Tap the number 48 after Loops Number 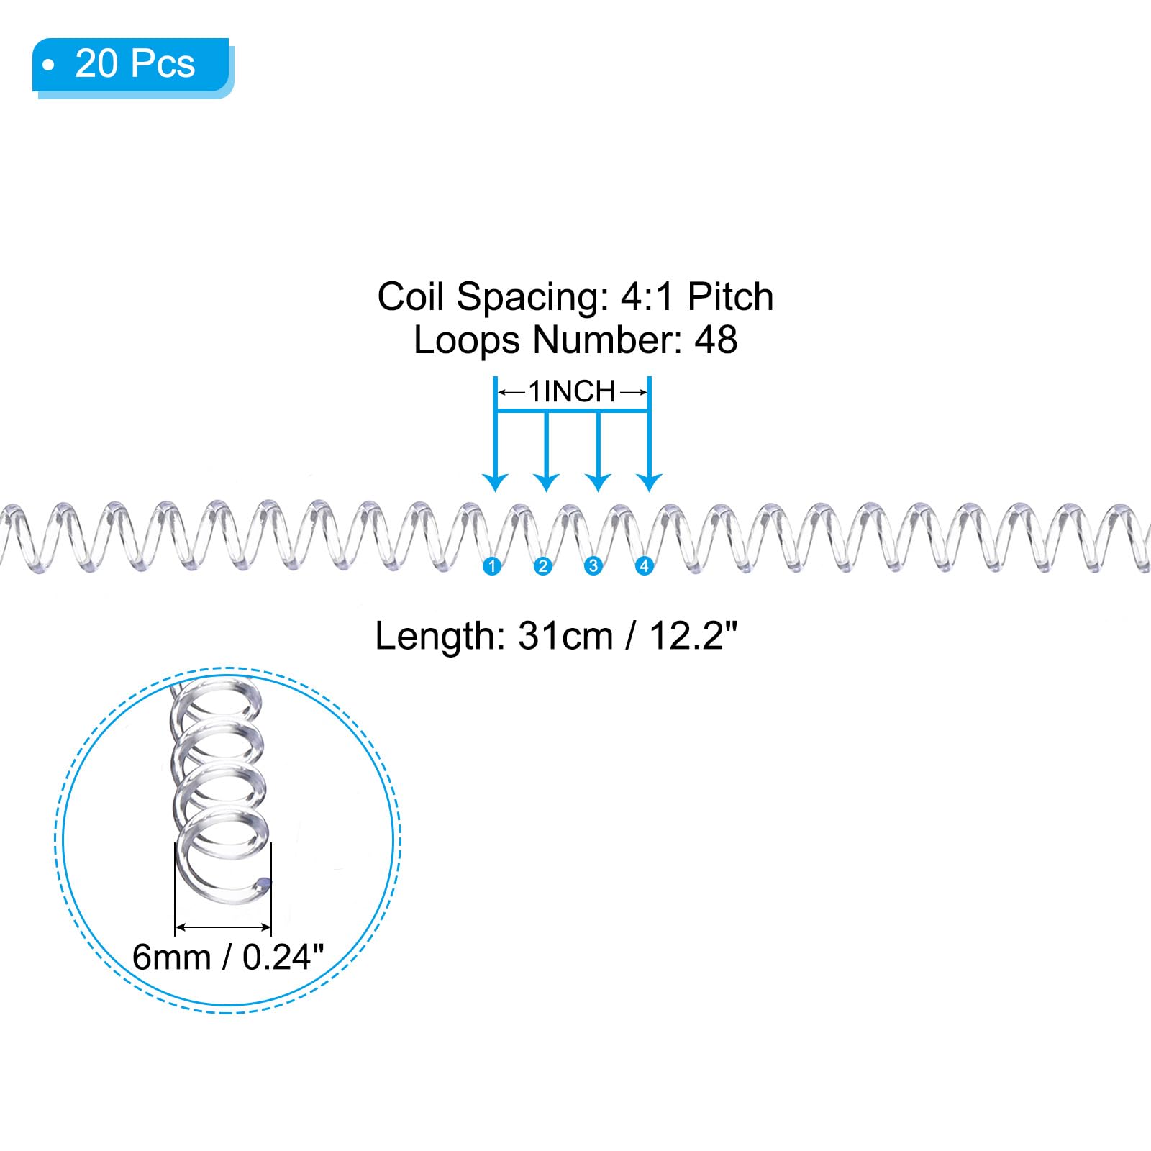[x=716, y=340]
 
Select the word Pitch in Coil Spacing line [x=730, y=296]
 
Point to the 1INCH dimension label [x=572, y=392]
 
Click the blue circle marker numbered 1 [x=492, y=566]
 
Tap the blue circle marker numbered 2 [x=542, y=566]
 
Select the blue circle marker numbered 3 [x=593, y=566]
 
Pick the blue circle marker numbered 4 [x=644, y=566]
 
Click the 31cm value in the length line [x=565, y=636]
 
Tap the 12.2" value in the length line [x=693, y=636]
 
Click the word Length [x=434, y=636]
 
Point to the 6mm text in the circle [x=172, y=957]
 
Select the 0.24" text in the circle [x=283, y=957]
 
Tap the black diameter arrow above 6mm [x=223, y=927]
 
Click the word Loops [x=467, y=340]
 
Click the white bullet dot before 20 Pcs [x=49, y=65]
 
